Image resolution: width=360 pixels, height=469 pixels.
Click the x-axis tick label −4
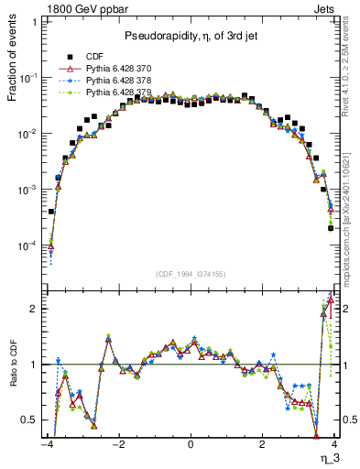click(46, 446)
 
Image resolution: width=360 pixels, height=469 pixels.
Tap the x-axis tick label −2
click(117, 446)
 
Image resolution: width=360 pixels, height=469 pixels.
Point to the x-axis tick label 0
click(191, 446)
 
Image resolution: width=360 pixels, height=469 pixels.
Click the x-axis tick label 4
click(335, 446)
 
